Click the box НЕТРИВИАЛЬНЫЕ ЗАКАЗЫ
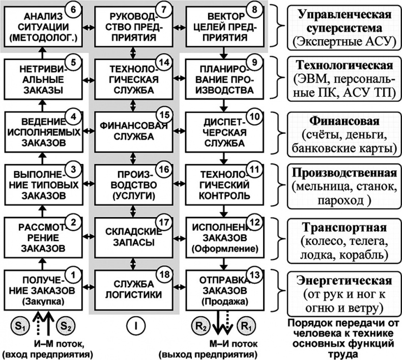pyautogui.click(x=40, y=78)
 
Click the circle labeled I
pyautogui.click(x=135, y=324)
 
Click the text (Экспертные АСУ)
pyautogui.click(x=344, y=41)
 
